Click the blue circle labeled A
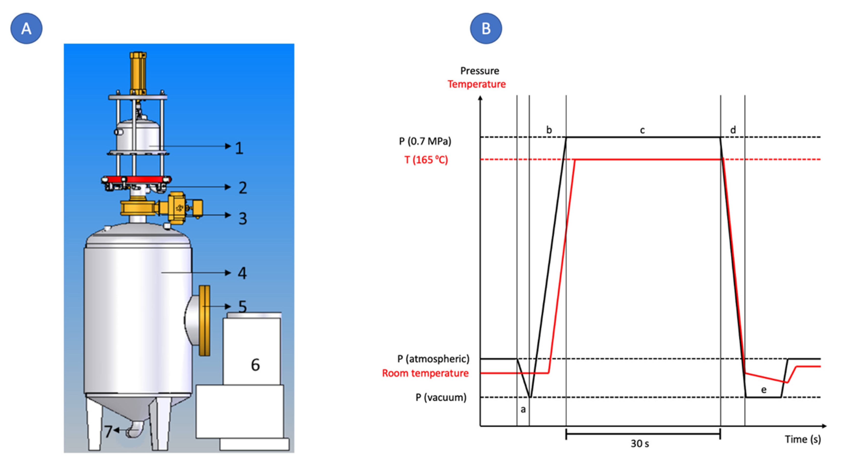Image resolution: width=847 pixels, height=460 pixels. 26,29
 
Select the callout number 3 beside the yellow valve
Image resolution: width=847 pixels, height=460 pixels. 243,219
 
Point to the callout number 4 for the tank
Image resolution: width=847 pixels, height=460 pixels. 242,273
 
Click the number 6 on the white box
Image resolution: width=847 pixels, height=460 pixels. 255,365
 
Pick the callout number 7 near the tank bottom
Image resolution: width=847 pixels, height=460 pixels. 108,431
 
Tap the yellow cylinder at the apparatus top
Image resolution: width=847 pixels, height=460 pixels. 138,73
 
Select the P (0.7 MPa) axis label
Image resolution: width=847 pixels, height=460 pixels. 425,141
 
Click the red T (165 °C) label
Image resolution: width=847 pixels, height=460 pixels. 426,160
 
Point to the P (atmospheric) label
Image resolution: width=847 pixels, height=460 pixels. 433,359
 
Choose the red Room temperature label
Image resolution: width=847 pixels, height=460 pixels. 425,373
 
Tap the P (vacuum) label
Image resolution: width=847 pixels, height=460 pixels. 441,398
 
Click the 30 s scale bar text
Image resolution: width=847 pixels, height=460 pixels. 640,444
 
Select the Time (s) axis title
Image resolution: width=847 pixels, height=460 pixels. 803,439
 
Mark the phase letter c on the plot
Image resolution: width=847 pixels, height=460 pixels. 642,130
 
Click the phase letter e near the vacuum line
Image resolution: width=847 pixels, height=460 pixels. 764,390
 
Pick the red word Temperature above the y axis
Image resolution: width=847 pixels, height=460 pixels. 477,84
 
